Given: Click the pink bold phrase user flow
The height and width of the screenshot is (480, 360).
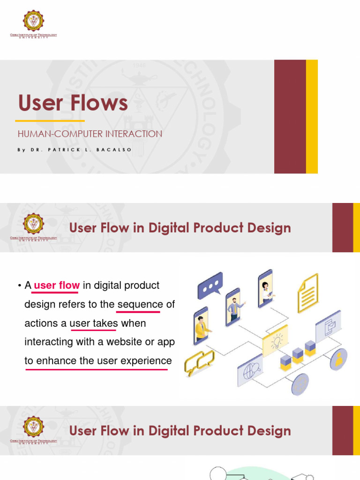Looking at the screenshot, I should click(57, 285).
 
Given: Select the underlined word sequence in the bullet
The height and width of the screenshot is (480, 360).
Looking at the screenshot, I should click(140, 304).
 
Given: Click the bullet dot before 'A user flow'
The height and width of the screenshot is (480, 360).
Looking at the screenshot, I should click(20, 286).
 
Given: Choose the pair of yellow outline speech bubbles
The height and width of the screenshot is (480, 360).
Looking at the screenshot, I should click(199, 362).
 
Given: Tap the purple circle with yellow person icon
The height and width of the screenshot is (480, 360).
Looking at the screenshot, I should click(337, 359).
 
